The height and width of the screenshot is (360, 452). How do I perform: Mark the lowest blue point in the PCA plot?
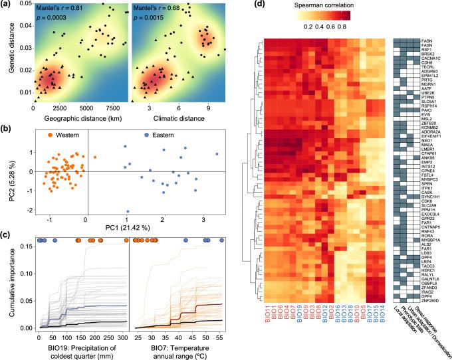[x=127, y=211]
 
